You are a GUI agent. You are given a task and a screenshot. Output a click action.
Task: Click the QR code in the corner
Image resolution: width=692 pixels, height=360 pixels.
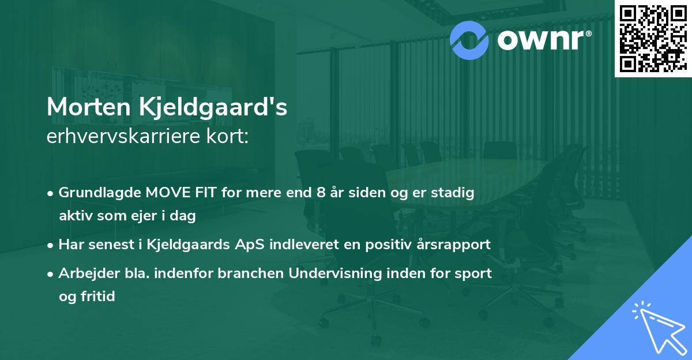coord(653,38)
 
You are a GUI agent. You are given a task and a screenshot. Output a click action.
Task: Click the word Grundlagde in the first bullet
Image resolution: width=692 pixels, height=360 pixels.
coord(96,193)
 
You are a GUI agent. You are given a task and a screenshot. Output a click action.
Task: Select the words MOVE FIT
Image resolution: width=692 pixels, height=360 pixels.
coord(175,193)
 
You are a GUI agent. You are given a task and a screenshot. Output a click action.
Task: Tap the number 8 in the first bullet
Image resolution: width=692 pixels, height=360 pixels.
coord(320,193)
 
